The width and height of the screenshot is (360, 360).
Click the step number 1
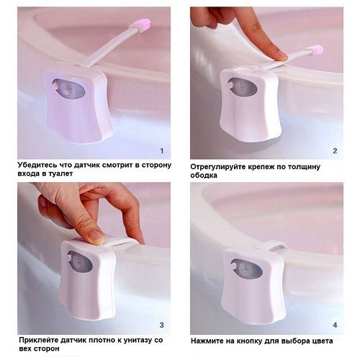162,150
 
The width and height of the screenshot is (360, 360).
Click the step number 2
335,150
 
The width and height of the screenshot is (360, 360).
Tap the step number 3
162,325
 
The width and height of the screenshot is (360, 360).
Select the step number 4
335,325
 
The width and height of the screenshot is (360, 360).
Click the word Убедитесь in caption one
37,166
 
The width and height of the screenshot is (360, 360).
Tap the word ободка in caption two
204,175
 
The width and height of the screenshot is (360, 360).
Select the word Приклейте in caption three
39,340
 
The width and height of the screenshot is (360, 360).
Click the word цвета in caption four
321,341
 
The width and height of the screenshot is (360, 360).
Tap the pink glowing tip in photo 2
318,50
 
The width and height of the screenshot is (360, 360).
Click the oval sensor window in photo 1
69,89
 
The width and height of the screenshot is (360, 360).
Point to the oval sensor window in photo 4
246,269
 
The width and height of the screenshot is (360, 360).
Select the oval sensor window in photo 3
80,261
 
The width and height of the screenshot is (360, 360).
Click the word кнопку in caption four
249,341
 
